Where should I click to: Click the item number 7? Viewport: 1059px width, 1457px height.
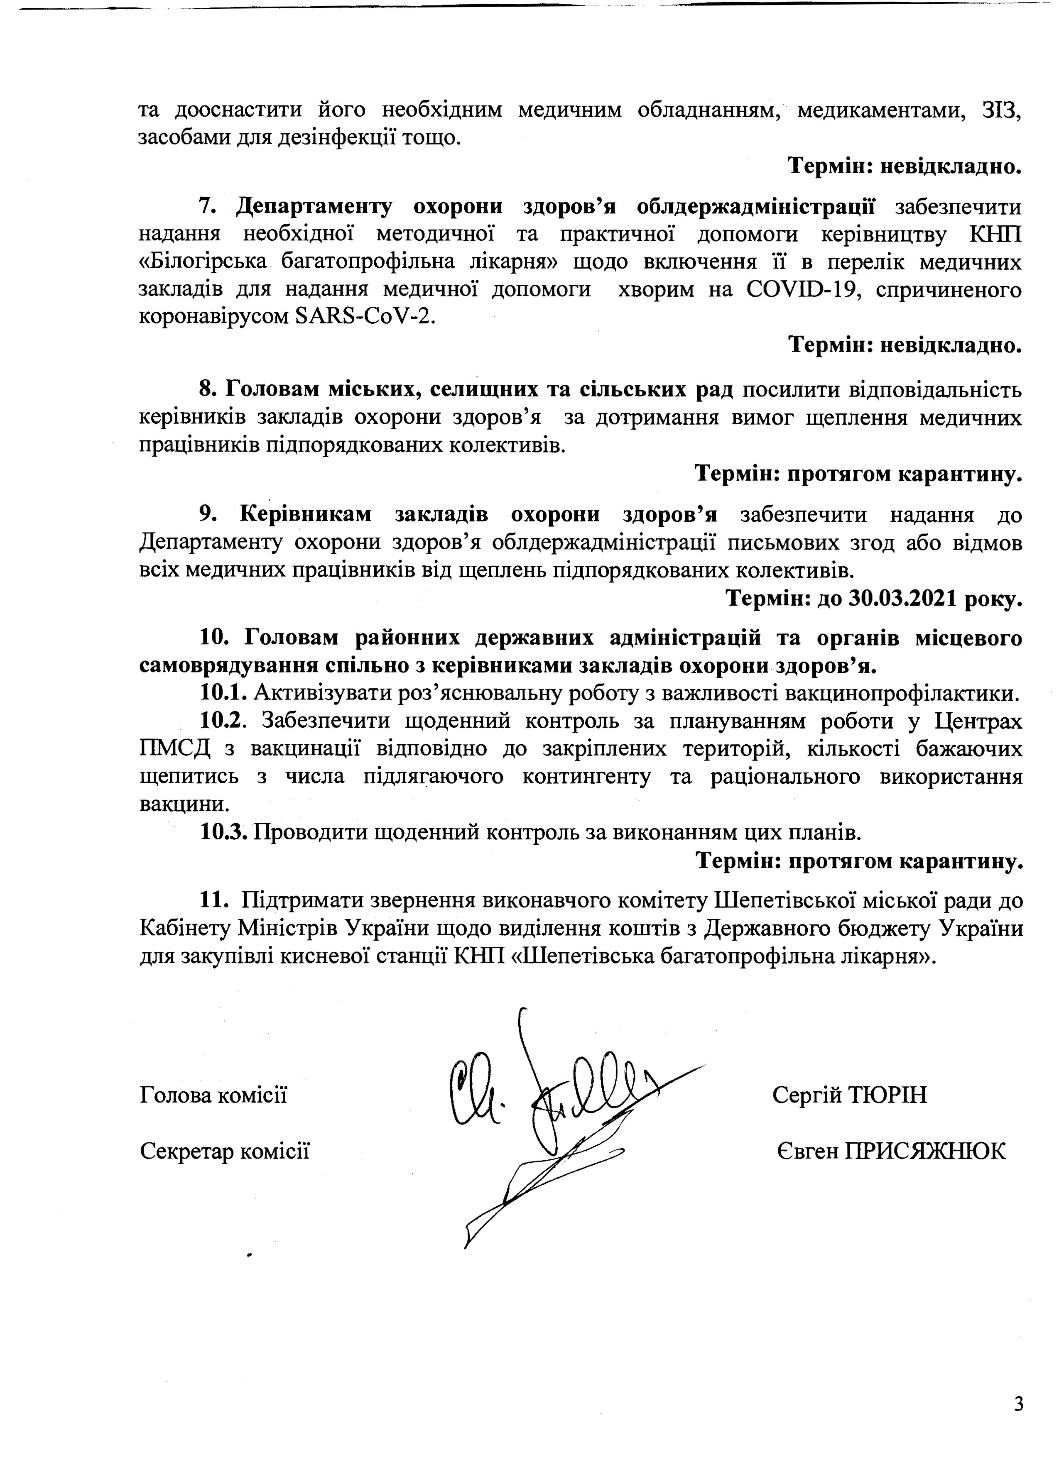[x=206, y=207]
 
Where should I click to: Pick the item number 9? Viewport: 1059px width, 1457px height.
[x=206, y=515]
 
